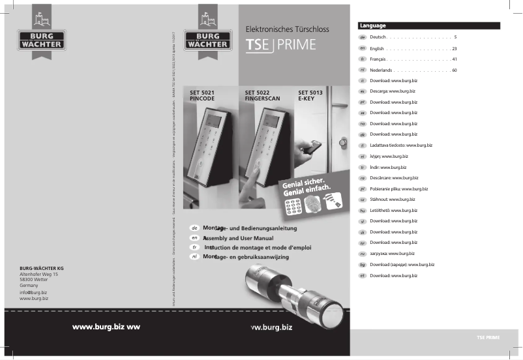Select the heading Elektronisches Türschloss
(x=286, y=29)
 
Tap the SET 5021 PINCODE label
(x=202, y=97)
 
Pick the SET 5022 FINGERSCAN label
(x=262, y=97)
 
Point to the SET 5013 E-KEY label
(x=311, y=97)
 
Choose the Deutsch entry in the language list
(x=379, y=38)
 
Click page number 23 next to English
(x=454, y=49)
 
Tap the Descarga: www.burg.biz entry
(x=393, y=91)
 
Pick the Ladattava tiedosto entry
(x=400, y=145)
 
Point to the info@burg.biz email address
(x=34, y=293)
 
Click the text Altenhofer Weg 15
(x=43, y=275)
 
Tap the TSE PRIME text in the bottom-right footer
(x=488, y=337)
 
